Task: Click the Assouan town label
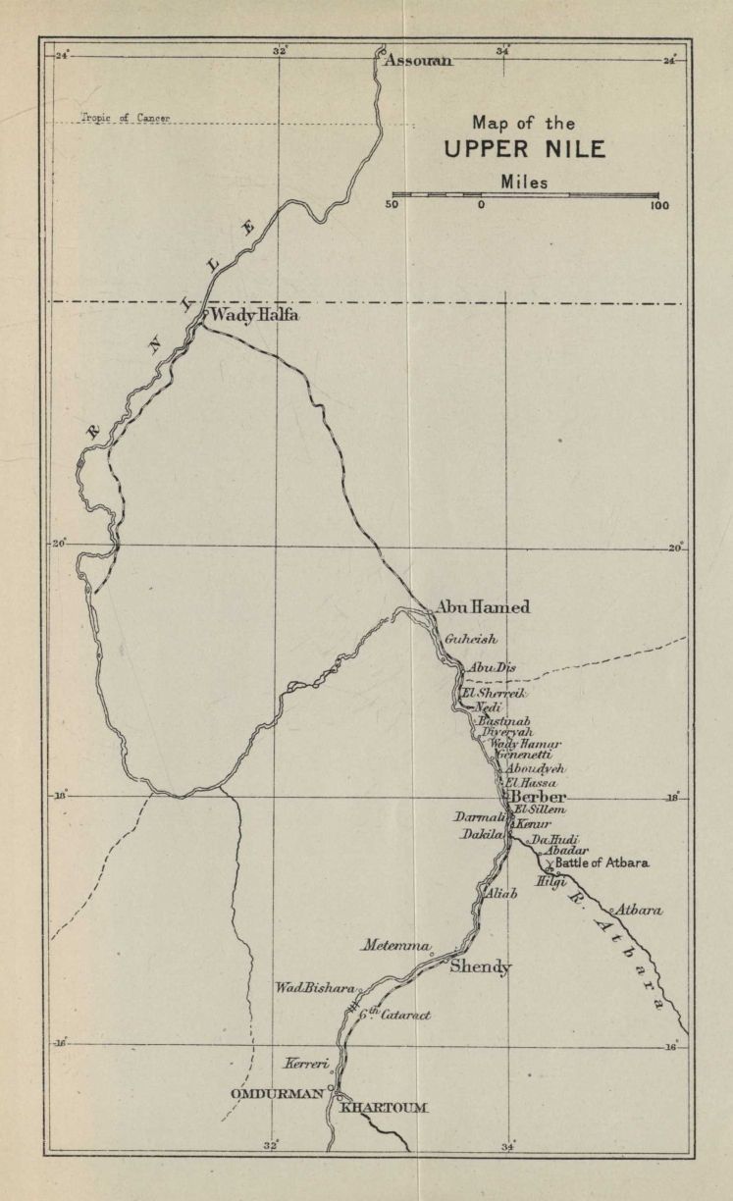[x=418, y=61]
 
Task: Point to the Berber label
[x=540, y=798]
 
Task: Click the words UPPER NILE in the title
[x=524, y=150]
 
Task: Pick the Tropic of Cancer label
[x=125, y=118]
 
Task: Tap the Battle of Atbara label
[x=602, y=863]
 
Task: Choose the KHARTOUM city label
[x=384, y=1108]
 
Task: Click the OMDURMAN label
[x=277, y=1093]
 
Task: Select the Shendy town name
[x=480, y=967]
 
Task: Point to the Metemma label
[x=395, y=946]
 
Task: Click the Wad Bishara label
[x=314, y=988]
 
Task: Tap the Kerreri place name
[x=305, y=1064]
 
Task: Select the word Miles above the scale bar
[x=524, y=182]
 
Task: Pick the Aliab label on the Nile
[x=500, y=894]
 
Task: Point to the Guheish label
[x=471, y=640]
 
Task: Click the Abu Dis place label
[x=491, y=668]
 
